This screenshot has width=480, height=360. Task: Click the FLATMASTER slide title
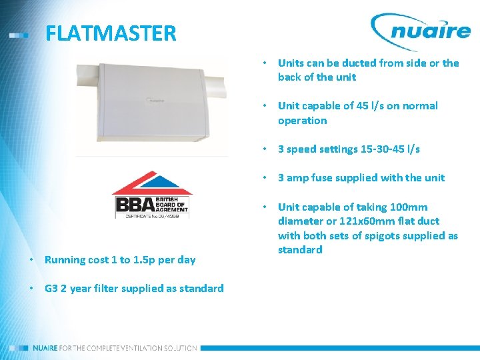pos(111,33)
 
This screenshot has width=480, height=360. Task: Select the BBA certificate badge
pos(151,195)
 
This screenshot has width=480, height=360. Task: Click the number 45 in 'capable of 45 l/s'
pos(363,106)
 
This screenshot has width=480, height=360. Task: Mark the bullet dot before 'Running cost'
pos(31,260)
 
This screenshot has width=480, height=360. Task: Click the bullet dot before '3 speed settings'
pos(265,149)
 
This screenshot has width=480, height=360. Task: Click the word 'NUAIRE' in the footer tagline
pos(45,348)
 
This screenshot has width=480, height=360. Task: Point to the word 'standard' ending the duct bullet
pos(299,250)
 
